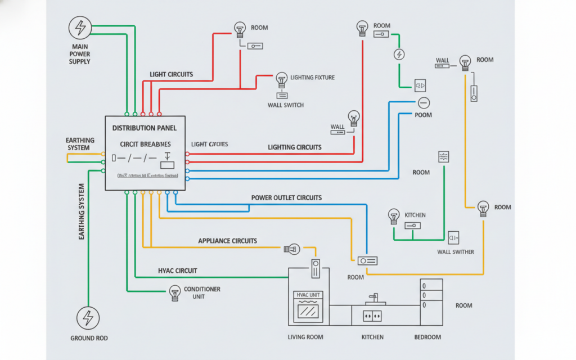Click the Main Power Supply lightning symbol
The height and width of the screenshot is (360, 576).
pyautogui.click(x=80, y=27)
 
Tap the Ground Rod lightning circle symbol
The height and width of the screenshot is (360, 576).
pyautogui.click(x=88, y=318)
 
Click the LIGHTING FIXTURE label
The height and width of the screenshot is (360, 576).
pyautogui.click(x=312, y=77)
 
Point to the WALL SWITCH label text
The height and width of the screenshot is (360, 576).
pyautogui.click(x=286, y=105)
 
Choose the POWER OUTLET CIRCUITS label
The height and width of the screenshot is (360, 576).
pyautogui.click(x=286, y=198)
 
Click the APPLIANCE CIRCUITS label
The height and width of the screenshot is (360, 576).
pyautogui.click(x=227, y=241)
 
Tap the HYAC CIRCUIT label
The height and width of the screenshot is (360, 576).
pyautogui.click(x=178, y=271)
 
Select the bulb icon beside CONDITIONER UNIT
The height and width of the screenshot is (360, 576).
pyautogui.click(x=174, y=291)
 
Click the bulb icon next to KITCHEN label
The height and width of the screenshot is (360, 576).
pyautogui.click(x=394, y=214)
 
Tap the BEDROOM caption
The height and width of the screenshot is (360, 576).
pyautogui.click(x=427, y=337)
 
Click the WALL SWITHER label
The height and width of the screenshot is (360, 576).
pyautogui.click(x=455, y=252)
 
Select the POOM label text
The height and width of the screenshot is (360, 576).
pyautogui.click(x=423, y=115)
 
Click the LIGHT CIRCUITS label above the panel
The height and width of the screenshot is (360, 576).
pyautogui.click(x=172, y=74)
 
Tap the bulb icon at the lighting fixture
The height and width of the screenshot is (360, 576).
pyautogui.click(x=281, y=78)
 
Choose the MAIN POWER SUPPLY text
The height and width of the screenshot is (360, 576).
pyautogui.click(x=80, y=54)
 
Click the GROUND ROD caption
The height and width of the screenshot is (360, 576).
pyautogui.click(x=89, y=338)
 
